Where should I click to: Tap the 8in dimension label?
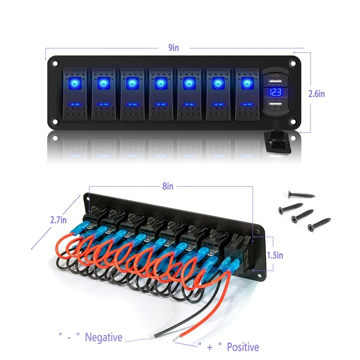tap(167, 186)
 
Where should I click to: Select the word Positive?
tap(243, 347)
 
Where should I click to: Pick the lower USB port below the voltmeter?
tap(274, 105)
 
